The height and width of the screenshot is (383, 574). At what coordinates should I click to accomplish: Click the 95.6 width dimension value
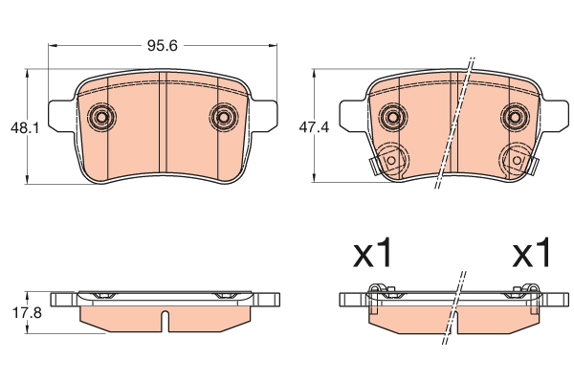163,46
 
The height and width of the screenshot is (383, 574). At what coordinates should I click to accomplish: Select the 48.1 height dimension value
25,128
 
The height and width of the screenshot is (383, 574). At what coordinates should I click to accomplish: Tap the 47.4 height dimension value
314,127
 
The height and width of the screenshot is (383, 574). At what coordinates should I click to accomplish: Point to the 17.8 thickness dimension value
27,313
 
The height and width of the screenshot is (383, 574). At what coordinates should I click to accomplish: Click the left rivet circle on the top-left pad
101,117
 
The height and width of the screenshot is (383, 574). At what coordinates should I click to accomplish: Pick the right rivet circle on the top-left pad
224,117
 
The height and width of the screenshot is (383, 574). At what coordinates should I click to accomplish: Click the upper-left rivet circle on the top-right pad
393,117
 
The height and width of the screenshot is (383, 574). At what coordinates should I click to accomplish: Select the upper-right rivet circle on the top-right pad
515,117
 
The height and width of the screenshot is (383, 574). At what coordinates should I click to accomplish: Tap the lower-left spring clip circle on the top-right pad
391,160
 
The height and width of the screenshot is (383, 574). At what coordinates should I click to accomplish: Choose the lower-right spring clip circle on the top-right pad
517,160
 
